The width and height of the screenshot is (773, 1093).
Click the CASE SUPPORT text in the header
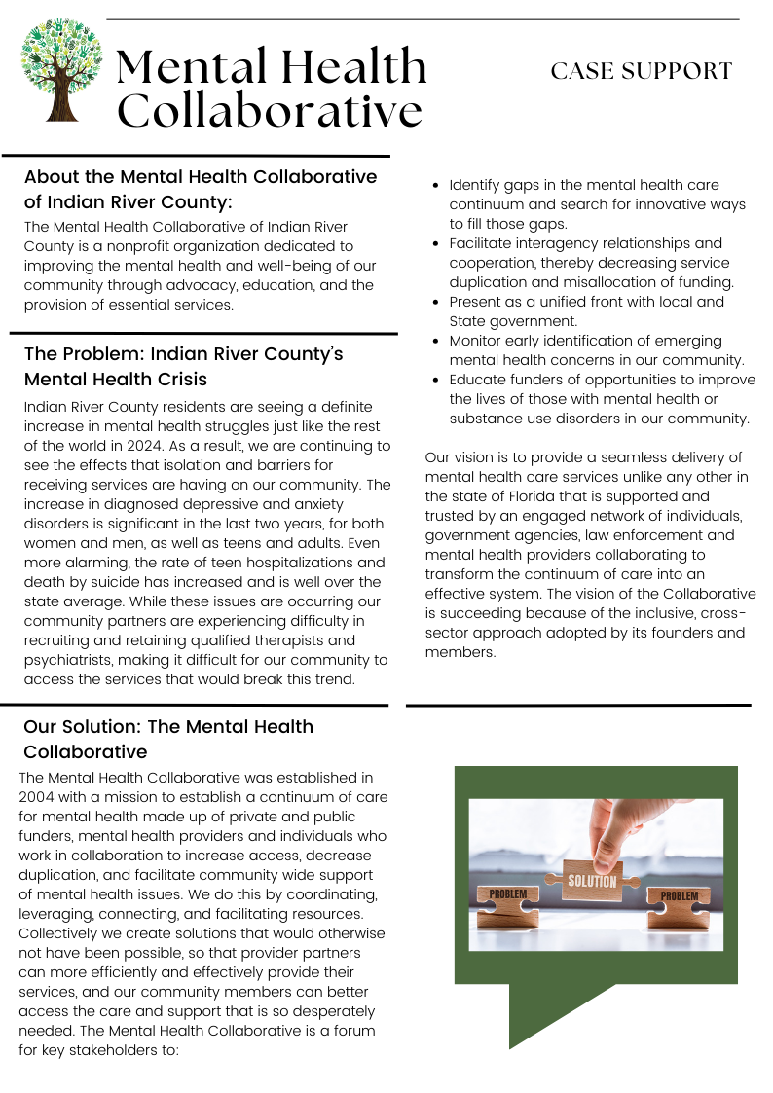(x=641, y=71)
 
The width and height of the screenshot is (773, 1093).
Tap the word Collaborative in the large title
(x=270, y=110)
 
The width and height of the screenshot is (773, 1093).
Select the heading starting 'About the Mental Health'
(x=200, y=177)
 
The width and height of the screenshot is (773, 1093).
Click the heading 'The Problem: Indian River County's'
(x=183, y=353)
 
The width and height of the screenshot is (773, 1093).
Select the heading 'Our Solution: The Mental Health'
(x=167, y=727)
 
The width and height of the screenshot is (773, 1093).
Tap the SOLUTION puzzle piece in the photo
(x=592, y=881)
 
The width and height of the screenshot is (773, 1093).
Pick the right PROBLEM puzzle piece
(x=679, y=897)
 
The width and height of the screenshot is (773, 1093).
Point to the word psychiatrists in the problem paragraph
(x=69, y=660)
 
